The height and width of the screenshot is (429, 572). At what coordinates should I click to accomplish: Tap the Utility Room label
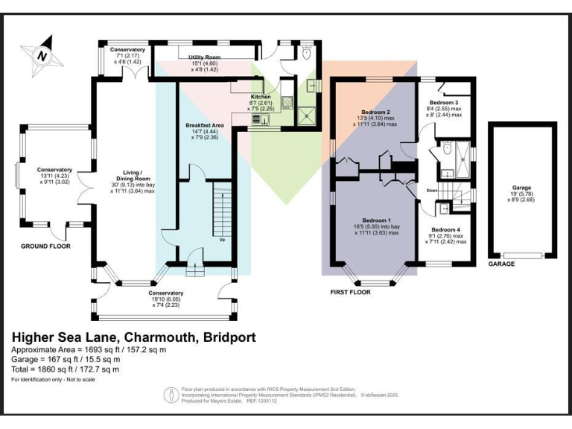click(x=204, y=57)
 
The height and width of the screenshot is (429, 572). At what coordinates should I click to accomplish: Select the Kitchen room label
click(x=261, y=97)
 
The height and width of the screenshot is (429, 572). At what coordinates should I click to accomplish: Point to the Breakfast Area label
click(x=205, y=125)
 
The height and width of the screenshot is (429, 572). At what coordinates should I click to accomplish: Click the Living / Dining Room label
click(x=133, y=172)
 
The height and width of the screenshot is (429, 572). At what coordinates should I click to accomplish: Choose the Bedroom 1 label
click(x=377, y=220)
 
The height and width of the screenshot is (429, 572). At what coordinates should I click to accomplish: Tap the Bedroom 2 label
click(x=376, y=112)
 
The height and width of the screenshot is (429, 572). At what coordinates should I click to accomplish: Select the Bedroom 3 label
click(x=445, y=102)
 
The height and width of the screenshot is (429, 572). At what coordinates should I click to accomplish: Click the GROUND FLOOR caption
click(x=46, y=246)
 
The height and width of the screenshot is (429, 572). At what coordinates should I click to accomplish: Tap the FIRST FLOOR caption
click(x=350, y=293)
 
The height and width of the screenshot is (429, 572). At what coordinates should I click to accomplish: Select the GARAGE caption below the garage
click(x=501, y=264)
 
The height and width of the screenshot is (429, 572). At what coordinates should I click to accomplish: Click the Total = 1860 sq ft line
click(x=65, y=369)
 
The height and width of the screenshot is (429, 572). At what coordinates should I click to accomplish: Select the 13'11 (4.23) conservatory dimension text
click(x=57, y=175)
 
